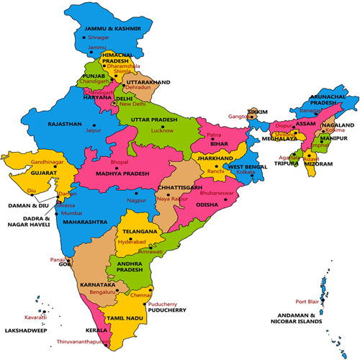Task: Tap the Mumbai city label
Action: pyautogui.click(x=71, y=214)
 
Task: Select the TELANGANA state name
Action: pyautogui.click(x=139, y=232)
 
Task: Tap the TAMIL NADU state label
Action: pyautogui.click(x=128, y=318)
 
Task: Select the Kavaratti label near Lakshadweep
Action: pyautogui.click(x=35, y=316)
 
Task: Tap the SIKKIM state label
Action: pyautogui.click(x=258, y=112)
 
